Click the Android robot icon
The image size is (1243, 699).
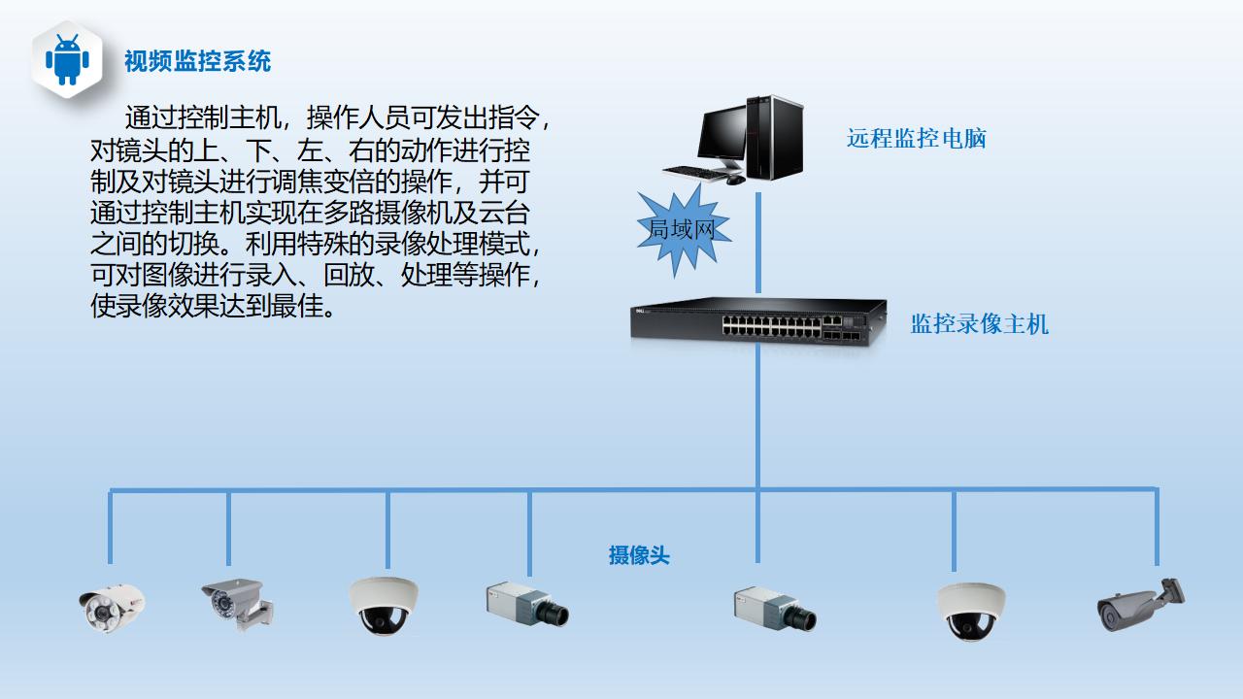pos(67,60)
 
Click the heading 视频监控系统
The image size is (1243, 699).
pos(197,62)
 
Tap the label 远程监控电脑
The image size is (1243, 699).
pos(916,139)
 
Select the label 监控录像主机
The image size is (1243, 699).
pos(979,324)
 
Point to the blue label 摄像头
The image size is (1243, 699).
pos(639,555)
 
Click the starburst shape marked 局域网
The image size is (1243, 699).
pos(682,229)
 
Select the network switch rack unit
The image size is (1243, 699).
pos(758,319)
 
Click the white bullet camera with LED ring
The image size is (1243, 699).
pos(111,606)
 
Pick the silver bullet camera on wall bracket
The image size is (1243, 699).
pos(236,603)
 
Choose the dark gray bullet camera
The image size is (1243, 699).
pos(1140,605)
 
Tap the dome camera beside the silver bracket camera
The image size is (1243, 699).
pos(383,605)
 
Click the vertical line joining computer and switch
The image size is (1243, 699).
pos(758,243)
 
